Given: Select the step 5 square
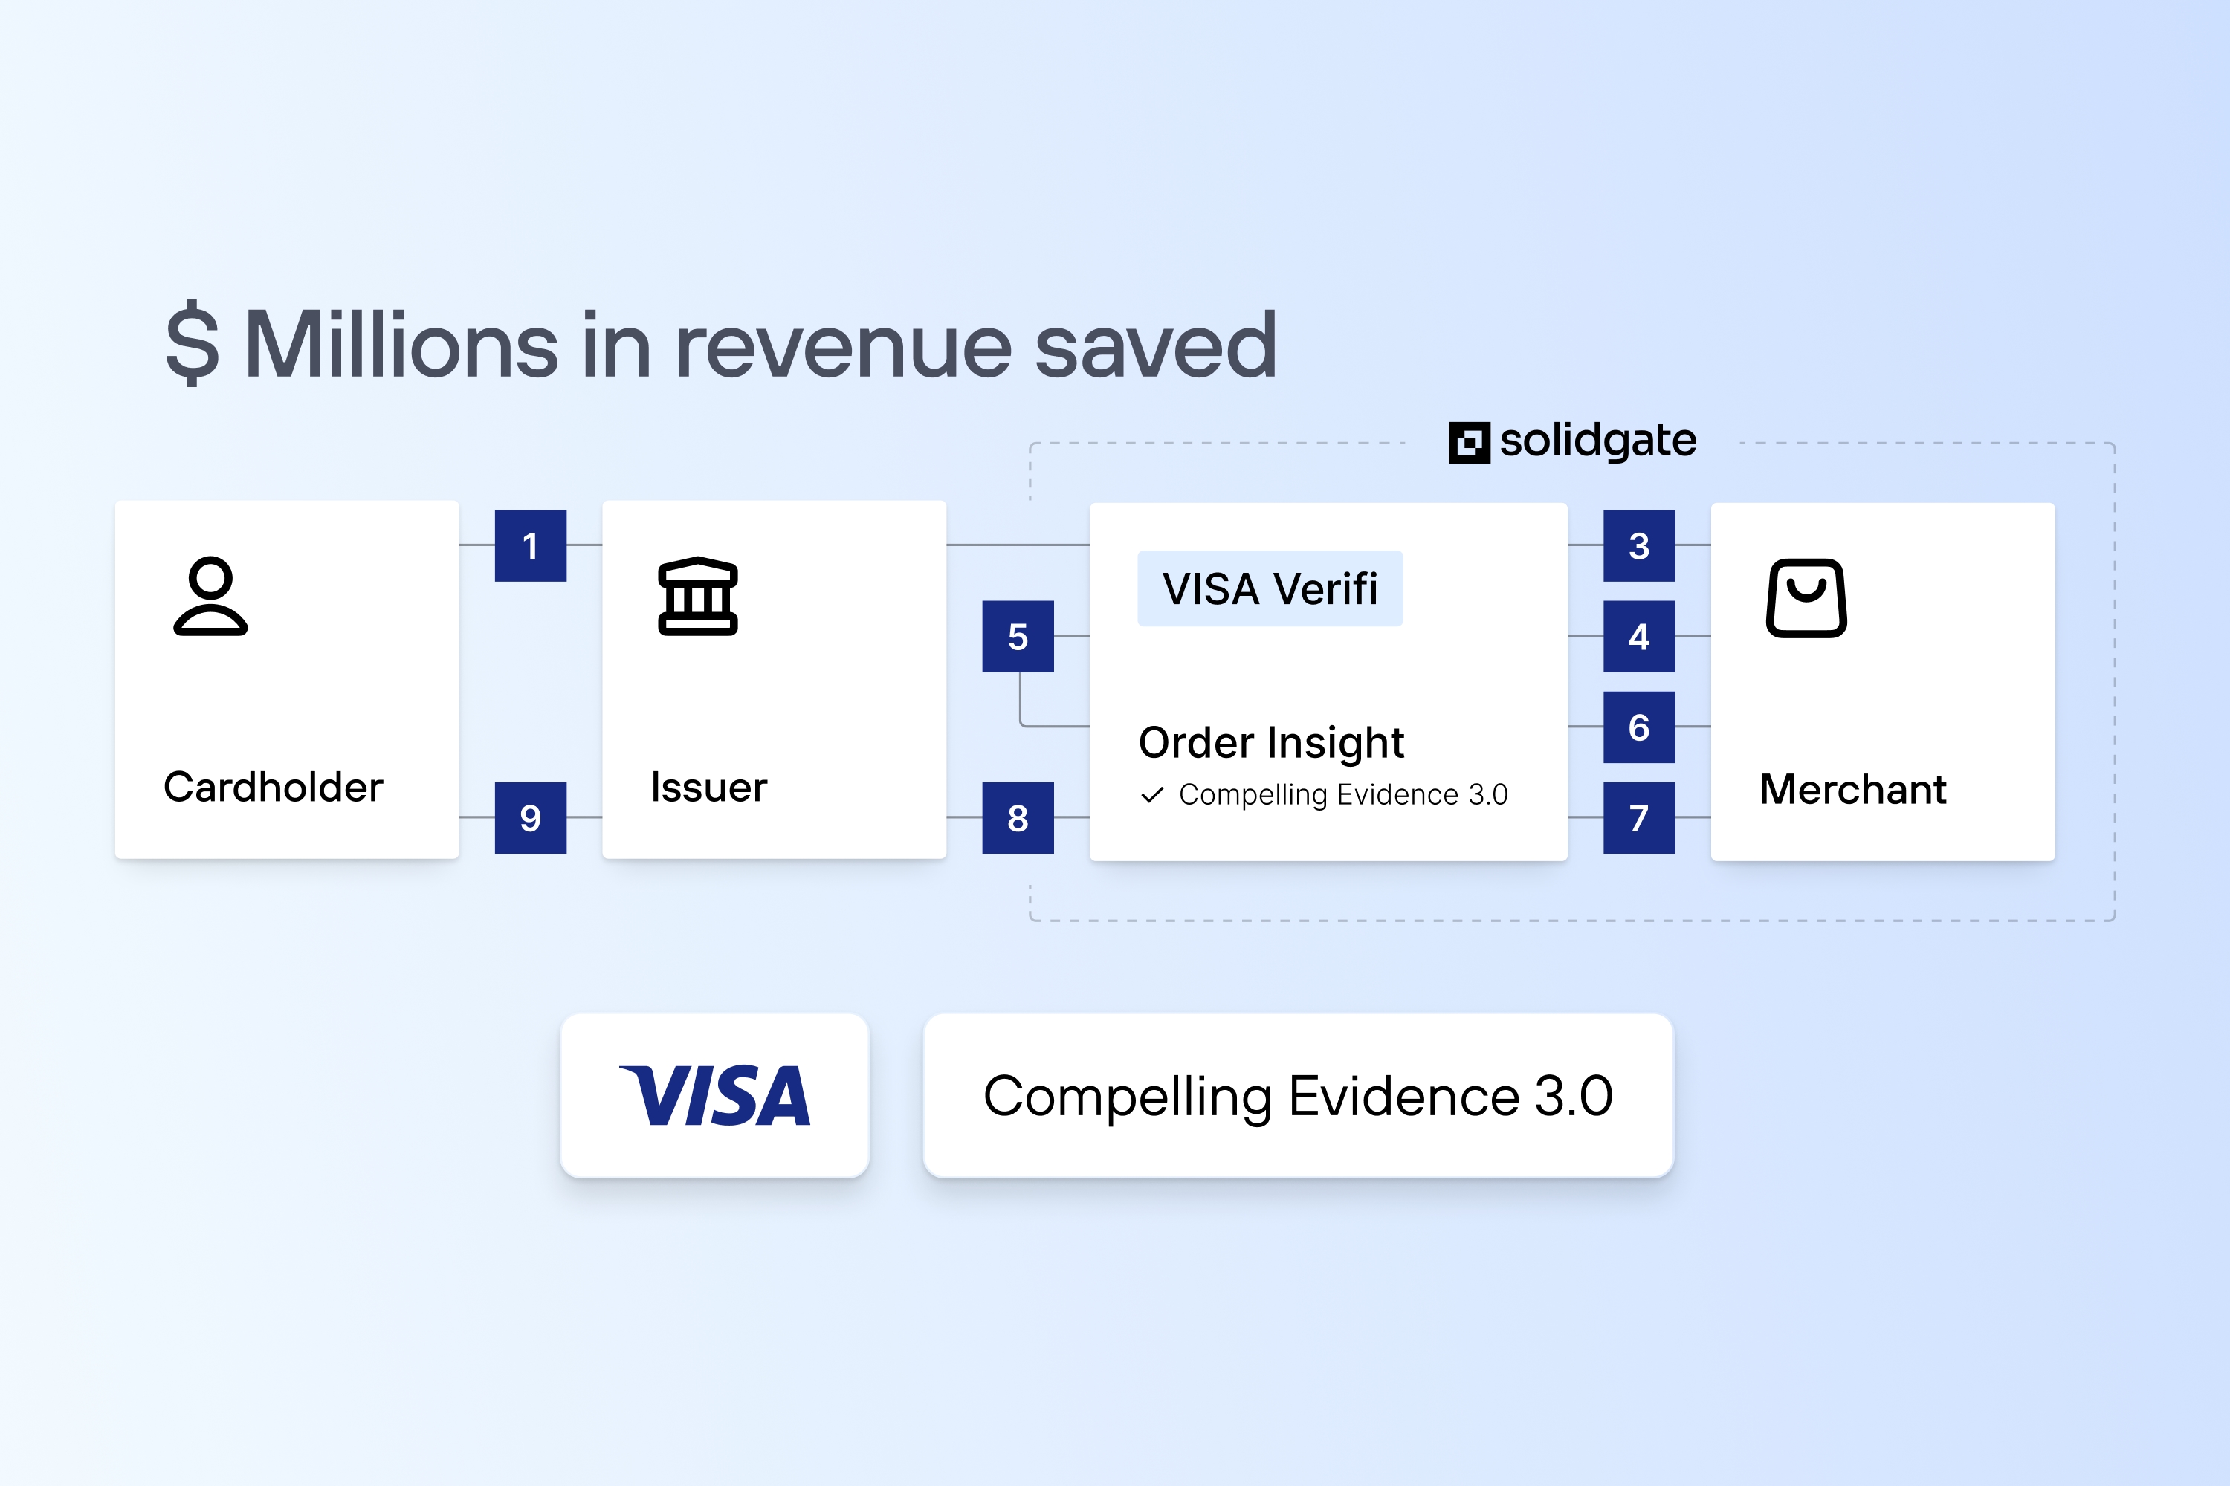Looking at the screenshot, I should coord(1018,636).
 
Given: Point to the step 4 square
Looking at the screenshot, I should coord(1638,636).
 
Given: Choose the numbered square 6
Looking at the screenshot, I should coord(1638,727).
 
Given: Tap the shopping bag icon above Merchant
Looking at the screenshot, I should coord(1806,598).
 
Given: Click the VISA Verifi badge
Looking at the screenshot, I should coord(1270,588).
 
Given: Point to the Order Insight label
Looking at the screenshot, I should coord(1270,742).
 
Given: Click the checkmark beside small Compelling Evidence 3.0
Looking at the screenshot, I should coord(1152,794).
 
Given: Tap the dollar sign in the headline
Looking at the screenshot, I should coord(193,344).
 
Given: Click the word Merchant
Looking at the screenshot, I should coord(1852,789).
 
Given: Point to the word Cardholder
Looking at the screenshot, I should coord(273,788).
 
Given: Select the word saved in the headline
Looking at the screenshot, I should coord(1156,346).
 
